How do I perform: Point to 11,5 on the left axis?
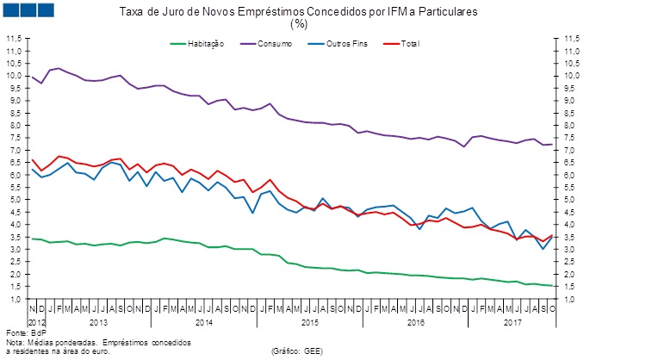(x=15, y=39)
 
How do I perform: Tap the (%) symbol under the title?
(x=299, y=24)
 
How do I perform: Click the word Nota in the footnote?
(x=16, y=341)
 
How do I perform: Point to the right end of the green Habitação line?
(x=552, y=286)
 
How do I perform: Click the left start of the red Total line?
(x=33, y=160)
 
